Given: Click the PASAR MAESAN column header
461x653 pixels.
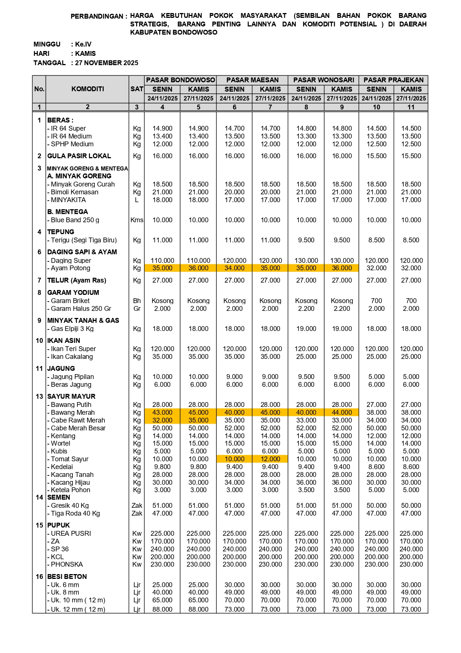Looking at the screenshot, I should [x=252, y=80].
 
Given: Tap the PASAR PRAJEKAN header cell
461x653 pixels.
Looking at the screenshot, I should [x=393, y=80].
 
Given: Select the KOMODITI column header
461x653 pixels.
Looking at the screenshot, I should [x=88, y=89].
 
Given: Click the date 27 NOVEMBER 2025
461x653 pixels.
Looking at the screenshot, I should [x=107, y=63].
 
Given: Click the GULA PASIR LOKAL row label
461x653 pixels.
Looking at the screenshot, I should [x=79, y=156].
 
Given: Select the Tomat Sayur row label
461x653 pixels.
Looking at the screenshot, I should [x=70, y=459].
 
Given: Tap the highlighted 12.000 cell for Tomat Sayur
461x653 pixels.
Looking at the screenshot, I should [x=270, y=459].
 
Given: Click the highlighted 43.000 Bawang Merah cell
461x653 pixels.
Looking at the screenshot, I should [x=162, y=412].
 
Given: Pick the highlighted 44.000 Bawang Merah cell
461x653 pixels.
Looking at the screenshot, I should [x=342, y=412].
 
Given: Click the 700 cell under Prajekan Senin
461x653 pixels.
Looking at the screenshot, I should [x=376, y=301].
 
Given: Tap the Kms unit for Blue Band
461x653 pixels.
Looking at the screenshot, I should [x=137, y=220].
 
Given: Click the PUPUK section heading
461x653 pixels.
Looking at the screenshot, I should [x=59, y=525].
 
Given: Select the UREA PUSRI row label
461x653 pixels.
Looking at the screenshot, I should [x=71, y=533].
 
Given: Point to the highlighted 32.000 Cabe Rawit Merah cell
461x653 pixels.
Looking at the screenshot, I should [x=162, y=420].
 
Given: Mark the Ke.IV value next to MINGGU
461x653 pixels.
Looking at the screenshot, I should [x=83, y=44].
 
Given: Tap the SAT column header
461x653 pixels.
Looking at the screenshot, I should [x=137, y=89].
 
